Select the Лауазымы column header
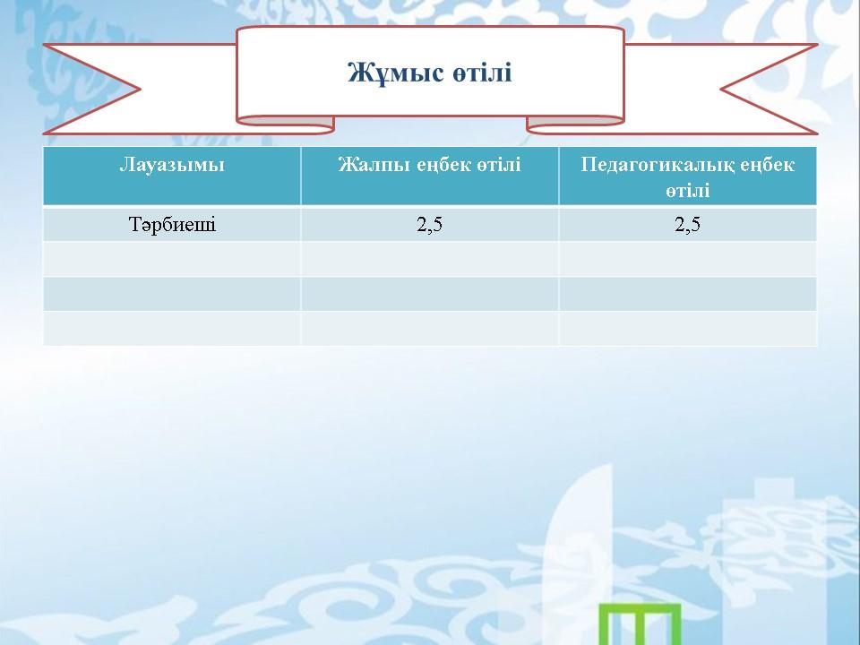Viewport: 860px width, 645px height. [172, 165]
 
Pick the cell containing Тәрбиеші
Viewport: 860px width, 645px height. [172, 224]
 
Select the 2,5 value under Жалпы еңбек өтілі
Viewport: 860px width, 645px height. [429, 224]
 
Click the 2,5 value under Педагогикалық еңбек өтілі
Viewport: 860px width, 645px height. [687, 224]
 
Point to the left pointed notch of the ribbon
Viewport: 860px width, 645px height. [141, 89]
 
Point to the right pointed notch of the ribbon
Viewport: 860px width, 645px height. [720, 89]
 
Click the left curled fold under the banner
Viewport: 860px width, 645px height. [285, 125]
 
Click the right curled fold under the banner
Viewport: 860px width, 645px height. [575, 125]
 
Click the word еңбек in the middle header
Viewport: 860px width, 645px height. [443, 165]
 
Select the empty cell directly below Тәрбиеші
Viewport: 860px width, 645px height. [172, 259]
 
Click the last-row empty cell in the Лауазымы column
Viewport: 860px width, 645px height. [172, 329]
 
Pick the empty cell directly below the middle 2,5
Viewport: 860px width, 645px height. [429, 259]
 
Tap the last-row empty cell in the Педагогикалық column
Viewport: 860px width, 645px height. [688, 329]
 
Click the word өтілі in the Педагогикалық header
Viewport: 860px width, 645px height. [688, 190]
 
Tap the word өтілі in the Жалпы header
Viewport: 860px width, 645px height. [499, 165]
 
